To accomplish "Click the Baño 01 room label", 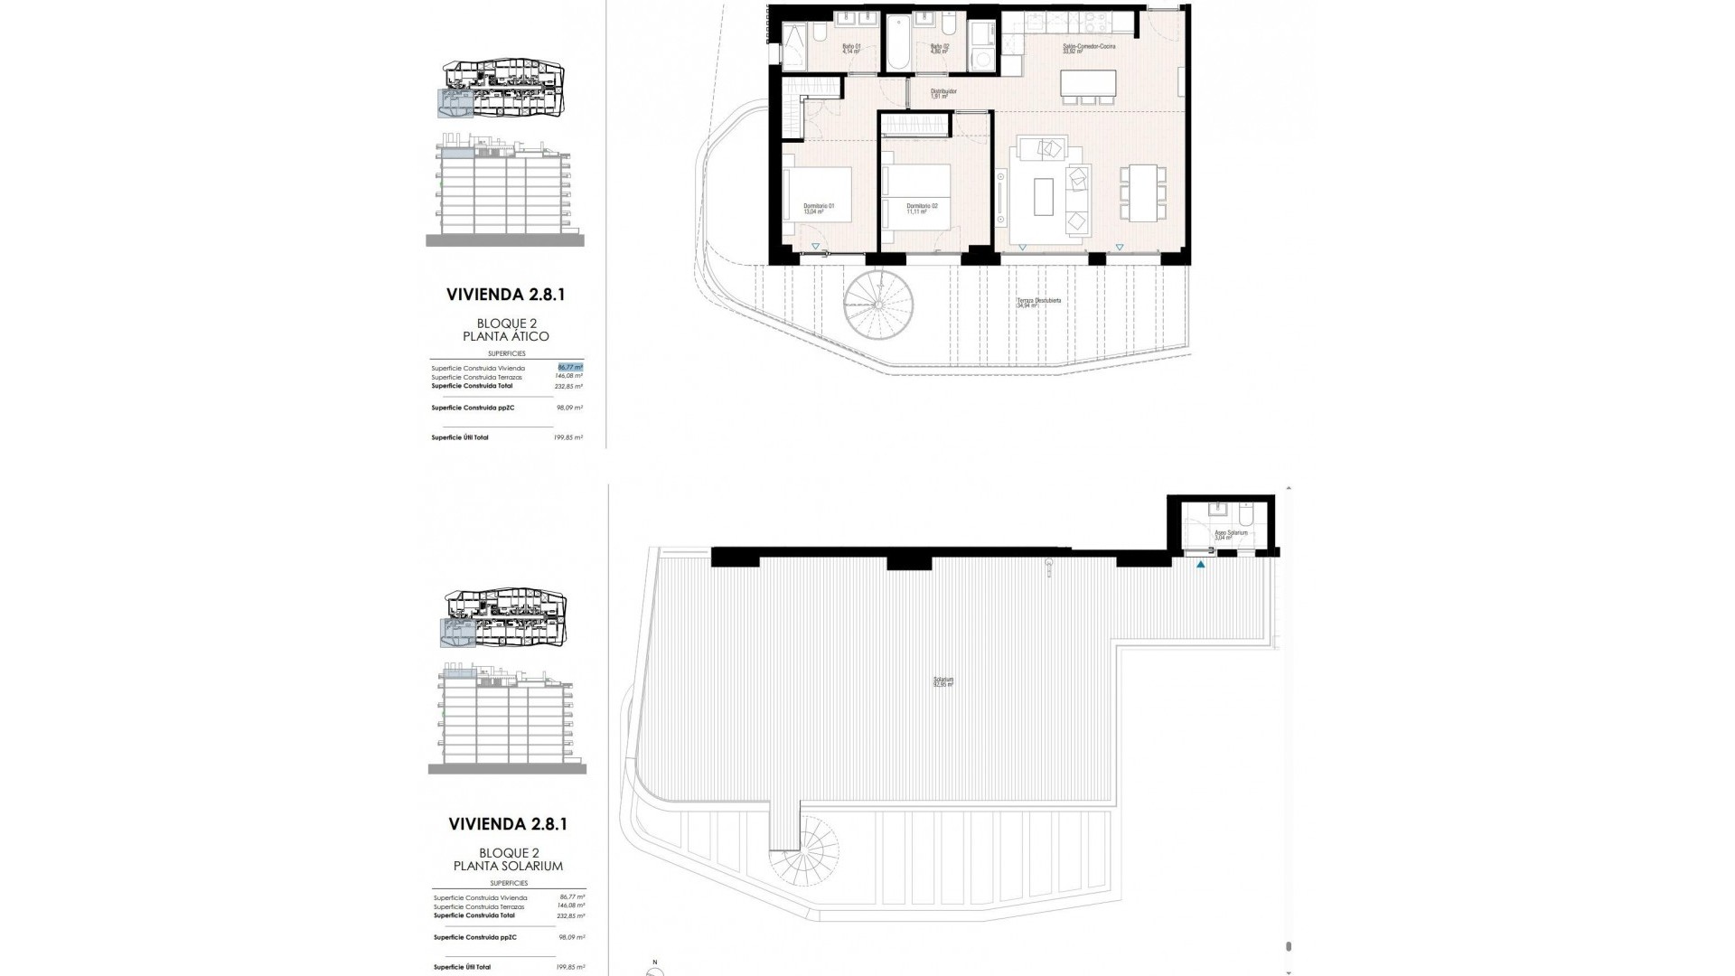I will pos(851,49).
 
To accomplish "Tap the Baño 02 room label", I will pos(940,49).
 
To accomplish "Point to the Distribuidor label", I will pos(943,93).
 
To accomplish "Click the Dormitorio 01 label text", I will pos(819,209).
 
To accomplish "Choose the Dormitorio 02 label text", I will pos(922,209).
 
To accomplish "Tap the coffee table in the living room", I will pos(1043,196).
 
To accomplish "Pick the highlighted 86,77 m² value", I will pos(569,368).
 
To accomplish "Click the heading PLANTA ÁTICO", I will pos(512,336).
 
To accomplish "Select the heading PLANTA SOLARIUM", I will pos(508,866).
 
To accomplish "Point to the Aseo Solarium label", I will pos(1231,534).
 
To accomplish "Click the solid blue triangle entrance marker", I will pos(1201,565).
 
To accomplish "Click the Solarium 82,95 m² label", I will pos(943,682).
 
